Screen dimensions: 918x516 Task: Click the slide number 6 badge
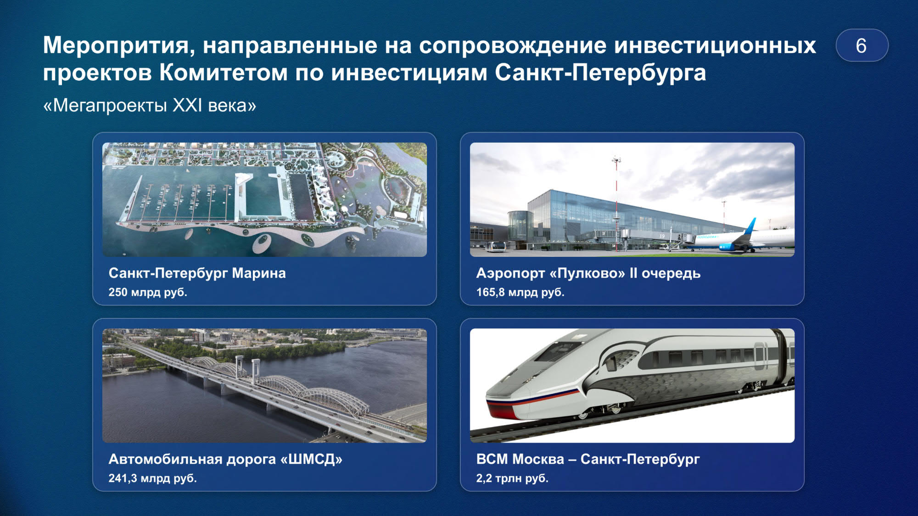pyautogui.click(x=862, y=45)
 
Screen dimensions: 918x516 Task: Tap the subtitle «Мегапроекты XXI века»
pyautogui.click(x=150, y=105)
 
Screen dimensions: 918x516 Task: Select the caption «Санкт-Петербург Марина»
pyautogui.click(x=197, y=273)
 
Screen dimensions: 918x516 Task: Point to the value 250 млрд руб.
pyautogui.click(x=148, y=292)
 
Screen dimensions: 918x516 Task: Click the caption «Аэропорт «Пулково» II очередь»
pyautogui.click(x=588, y=273)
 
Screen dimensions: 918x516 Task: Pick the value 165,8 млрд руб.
pyautogui.click(x=520, y=292)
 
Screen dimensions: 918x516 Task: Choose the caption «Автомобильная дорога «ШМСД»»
pyautogui.click(x=225, y=459)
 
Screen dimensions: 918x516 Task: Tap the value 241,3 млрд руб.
pyautogui.click(x=152, y=478)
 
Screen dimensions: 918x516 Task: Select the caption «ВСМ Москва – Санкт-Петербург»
pyautogui.click(x=588, y=459)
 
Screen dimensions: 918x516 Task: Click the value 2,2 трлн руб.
pyautogui.click(x=512, y=478)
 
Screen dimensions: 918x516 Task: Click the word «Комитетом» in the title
pyautogui.click(x=224, y=73)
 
